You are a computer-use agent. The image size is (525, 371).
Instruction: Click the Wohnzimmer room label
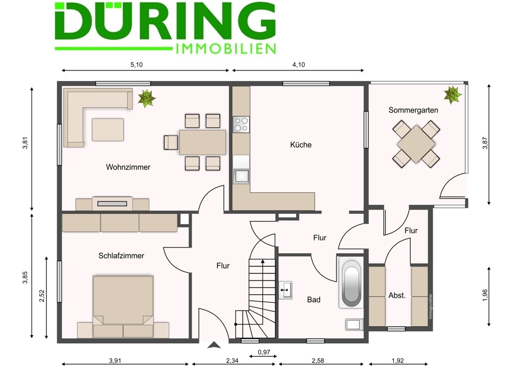[128, 167]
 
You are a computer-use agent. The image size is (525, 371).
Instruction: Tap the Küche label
[301, 145]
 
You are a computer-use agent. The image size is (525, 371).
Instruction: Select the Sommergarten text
[413, 110]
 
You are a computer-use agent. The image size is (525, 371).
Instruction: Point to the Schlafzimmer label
[121, 256]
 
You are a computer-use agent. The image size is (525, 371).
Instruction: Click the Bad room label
[314, 300]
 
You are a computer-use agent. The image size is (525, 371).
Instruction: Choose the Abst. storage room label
[397, 296]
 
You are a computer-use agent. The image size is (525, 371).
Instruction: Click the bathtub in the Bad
[351, 282]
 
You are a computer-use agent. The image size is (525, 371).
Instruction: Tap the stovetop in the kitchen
[241, 125]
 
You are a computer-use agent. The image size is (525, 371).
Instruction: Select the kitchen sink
[241, 176]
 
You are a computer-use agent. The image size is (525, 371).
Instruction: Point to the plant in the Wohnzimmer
[146, 98]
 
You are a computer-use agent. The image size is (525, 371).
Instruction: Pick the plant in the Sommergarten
[453, 95]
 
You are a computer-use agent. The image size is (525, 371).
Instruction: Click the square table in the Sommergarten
[416, 144]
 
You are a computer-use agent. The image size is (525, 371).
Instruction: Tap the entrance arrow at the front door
[214, 345]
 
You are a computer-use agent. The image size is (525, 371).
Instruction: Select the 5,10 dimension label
[136, 65]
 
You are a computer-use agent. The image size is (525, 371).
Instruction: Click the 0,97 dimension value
[264, 352]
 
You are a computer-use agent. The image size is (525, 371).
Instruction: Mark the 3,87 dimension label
[486, 143]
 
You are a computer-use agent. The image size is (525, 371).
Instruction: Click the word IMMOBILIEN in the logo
[226, 49]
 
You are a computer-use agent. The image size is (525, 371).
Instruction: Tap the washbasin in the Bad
[286, 290]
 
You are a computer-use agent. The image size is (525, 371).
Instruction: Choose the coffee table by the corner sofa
[108, 130]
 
